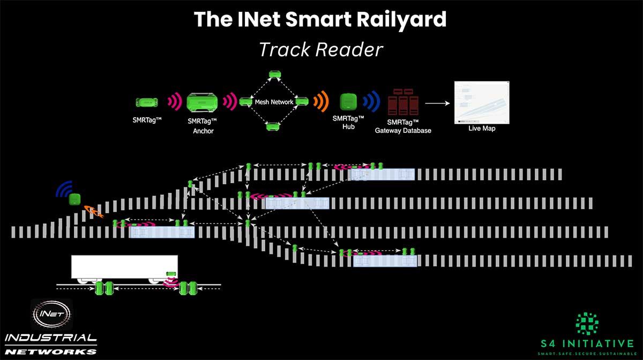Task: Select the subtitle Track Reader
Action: pyautogui.click(x=321, y=49)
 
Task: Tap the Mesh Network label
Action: pyautogui.click(x=274, y=102)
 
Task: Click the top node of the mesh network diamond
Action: pyautogui.click(x=275, y=74)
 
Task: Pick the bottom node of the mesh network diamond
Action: pyautogui.click(x=273, y=126)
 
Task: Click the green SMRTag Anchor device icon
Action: pyautogui.click(x=202, y=102)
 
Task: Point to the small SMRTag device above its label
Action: pyautogui.click(x=147, y=102)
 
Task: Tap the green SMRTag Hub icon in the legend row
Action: pyautogui.click(x=348, y=102)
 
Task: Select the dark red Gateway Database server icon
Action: pyautogui.click(x=403, y=102)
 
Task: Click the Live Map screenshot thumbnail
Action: pyautogui.click(x=482, y=102)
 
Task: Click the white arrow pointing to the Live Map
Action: pyautogui.click(x=437, y=103)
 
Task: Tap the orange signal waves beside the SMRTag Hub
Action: pyautogui.click(x=321, y=101)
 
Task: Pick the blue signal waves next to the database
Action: pyautogui.click(x=372, y=101)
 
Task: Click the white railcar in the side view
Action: pyautogui.click(x=124, y=267)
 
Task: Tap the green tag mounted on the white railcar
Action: pyautogui.click(x=171, y=274)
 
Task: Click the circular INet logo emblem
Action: pyautogui.click(x=51, y=314)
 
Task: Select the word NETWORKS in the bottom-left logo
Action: pyautogui.click(x=50, y=352)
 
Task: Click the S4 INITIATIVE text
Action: pyautogui.click(x=587, y=343)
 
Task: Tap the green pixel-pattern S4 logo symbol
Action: pyautogui.click(x=587, y=324)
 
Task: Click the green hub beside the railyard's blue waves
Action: pyautogui.click(x=74, y=199)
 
